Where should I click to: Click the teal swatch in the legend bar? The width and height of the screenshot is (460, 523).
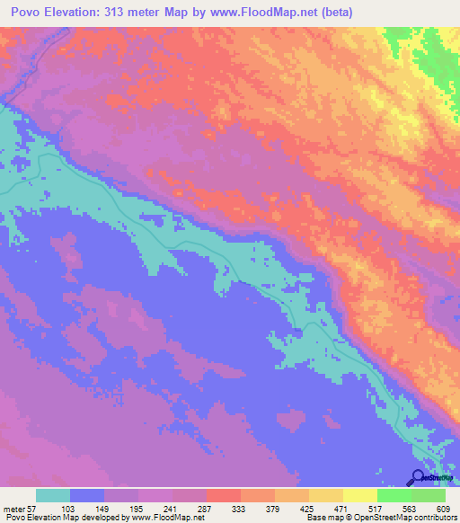[x=53, y=495]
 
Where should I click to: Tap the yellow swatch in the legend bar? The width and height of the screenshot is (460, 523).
[x=360, y=495]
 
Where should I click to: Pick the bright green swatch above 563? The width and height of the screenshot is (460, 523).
[x=394, y=495]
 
